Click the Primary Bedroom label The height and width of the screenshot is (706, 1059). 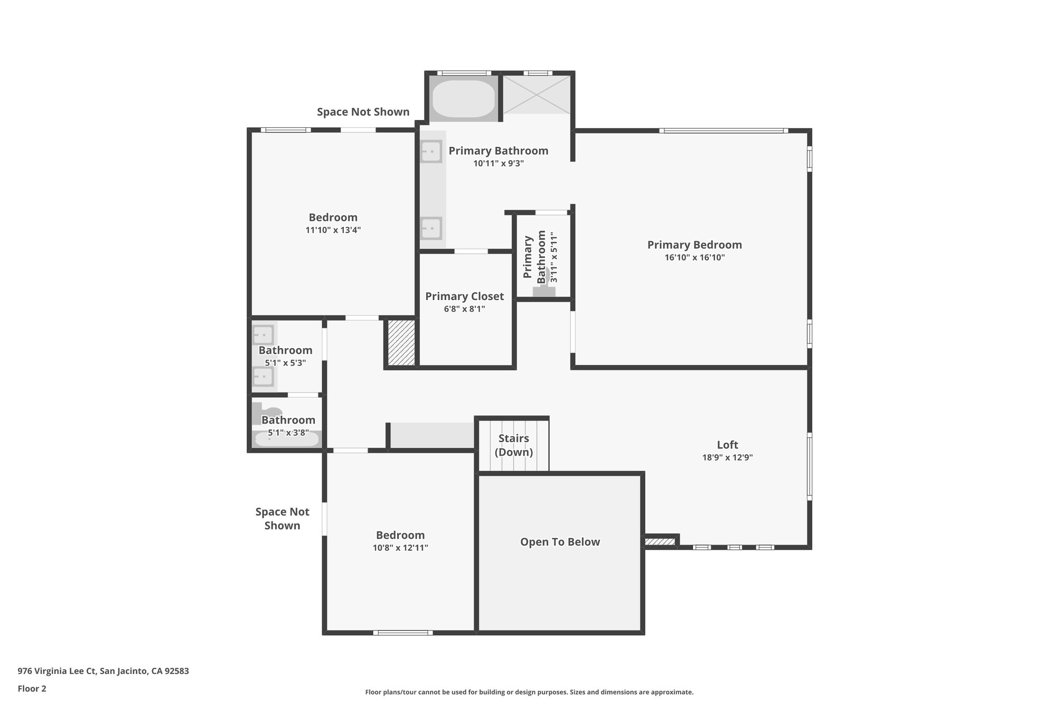click(694, 245)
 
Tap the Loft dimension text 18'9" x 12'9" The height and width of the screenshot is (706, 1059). click(727, 457)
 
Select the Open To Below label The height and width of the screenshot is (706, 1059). click(559, 542)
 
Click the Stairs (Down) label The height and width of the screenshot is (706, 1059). click(513, 445)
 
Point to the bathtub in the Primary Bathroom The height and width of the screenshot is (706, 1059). click(463, 98)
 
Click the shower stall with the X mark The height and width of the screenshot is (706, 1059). click(537, 95)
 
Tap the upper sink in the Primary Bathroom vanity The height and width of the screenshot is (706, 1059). click(431, 152)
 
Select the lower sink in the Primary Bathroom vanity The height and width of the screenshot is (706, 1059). click(431, 228)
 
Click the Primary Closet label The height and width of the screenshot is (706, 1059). click(464, 296)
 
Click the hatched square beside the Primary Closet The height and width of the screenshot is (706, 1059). click(401, 343)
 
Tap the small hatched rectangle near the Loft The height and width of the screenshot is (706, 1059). click(660, 542)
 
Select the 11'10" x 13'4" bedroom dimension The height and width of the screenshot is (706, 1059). click(333, 230)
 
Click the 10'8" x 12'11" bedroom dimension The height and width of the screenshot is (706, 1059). click(400, 548)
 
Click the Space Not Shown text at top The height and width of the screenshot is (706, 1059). click(363, 112)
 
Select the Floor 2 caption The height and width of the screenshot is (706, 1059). click(32, 688)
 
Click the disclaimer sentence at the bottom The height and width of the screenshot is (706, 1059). click(529, 692)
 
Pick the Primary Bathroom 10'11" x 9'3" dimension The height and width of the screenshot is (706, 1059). click(498, 163)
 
